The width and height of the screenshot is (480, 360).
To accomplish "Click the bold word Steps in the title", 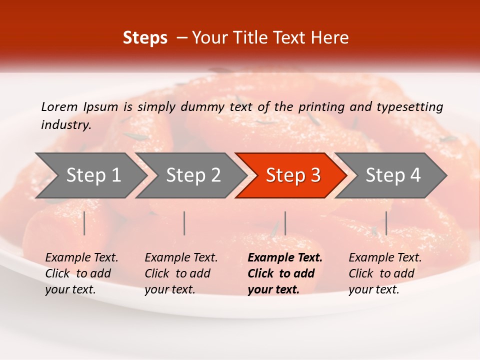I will coord(145,38).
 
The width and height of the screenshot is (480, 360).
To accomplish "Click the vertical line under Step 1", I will coord(84,223).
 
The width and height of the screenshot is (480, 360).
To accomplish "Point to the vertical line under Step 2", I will coord(184,223).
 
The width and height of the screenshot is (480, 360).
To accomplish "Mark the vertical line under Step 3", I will coord(285,223).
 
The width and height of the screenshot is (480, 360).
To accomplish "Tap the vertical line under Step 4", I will coord(386,223).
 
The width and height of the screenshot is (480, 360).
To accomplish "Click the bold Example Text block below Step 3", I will coord(285,273).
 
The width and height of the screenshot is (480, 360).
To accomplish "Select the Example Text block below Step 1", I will coord(81,273).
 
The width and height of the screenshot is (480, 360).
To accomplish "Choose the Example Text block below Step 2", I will coord(181,273).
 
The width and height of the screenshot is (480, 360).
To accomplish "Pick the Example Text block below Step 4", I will coord(385,273).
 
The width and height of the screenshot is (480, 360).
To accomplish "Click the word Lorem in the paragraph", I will coord(58,106).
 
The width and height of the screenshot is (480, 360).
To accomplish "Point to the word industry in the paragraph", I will coord(65,125).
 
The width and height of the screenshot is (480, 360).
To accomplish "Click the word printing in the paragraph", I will coord(321,106).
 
